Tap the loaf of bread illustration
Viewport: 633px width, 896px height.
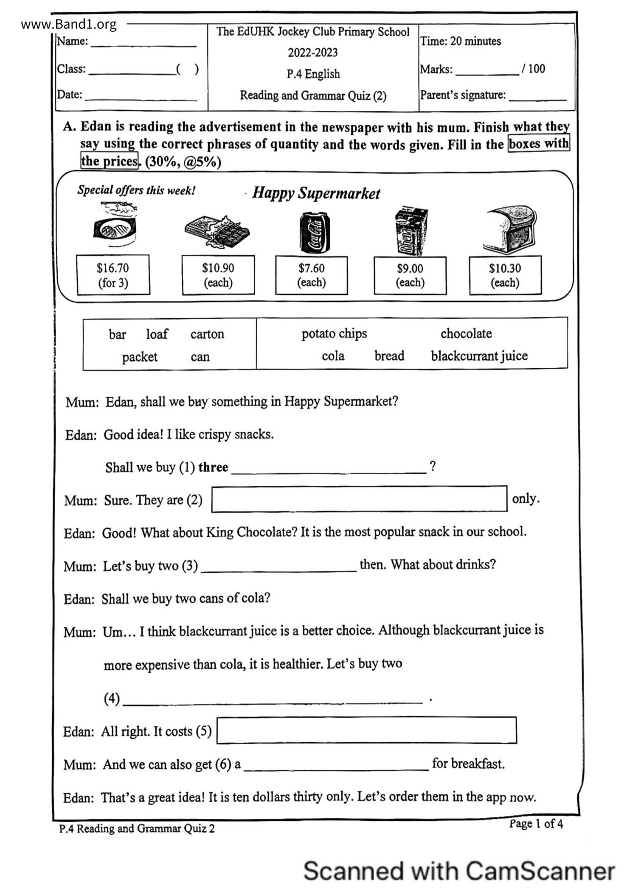click(x=511, y=230)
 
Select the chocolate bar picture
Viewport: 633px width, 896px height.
click(x=217, y=231)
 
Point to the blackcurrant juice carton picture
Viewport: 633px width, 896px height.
click(x=411, y=231)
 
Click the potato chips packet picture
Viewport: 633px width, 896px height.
click(x=116, y=228)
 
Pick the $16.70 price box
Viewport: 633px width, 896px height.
click(x=113, y=275)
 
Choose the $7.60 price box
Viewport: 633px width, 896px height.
click(x=311, y=275)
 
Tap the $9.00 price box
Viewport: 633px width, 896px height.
click(x=410, y=275)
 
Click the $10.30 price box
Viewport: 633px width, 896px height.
click(x=505, y=275)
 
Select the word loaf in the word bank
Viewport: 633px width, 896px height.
click(x=157, y=334)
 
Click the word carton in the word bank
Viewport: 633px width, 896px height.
click(x=207, y=334)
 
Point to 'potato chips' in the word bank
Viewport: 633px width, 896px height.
click(x=334, y=334)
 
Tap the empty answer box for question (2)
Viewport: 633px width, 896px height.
click(x=359, y=499)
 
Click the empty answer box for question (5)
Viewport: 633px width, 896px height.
click(x=367, y=730)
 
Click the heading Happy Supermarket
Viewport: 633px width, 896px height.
click(x=316, y=193)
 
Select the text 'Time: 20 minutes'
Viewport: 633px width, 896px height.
click(x=460, y=41)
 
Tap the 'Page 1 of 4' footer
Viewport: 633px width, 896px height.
click(x=535, y=823)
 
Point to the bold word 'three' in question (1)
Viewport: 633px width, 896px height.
click(x=213, y=467)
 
